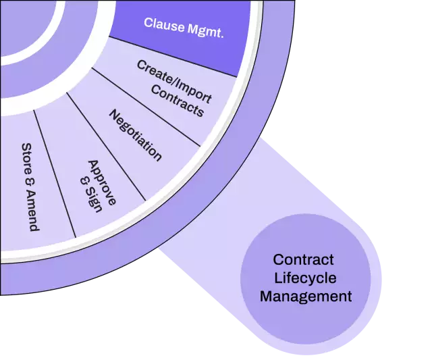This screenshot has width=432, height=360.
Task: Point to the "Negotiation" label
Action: tap(136, 135)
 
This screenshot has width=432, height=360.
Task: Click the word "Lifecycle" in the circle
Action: tap(305, 278)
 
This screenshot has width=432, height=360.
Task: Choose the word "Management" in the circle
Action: tap(306, 296)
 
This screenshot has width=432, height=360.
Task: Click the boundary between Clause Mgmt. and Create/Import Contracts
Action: tap(175, 57)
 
